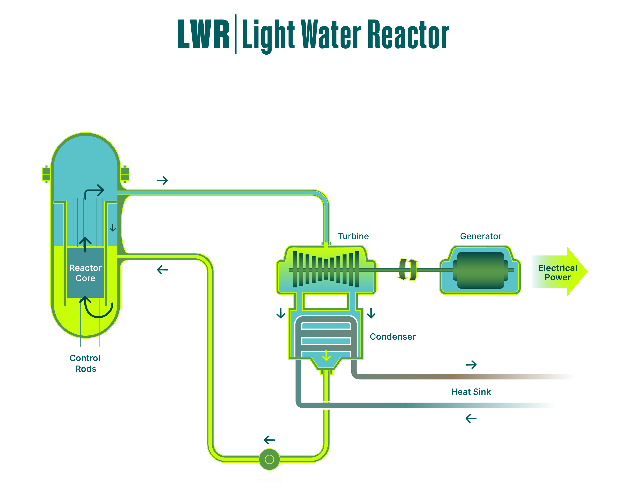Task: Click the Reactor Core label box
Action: point(85,272)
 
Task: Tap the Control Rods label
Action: point(85,363)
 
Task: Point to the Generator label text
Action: point(480,236)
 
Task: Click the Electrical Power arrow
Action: point(559,272)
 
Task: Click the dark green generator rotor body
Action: point(480,270)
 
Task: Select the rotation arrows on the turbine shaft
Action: point(408,270)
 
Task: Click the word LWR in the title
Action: point(203,34)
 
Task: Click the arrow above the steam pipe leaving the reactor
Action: point(162,181)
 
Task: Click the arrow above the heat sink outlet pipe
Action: point(471,365)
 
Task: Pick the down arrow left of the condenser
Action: point(281,313)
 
